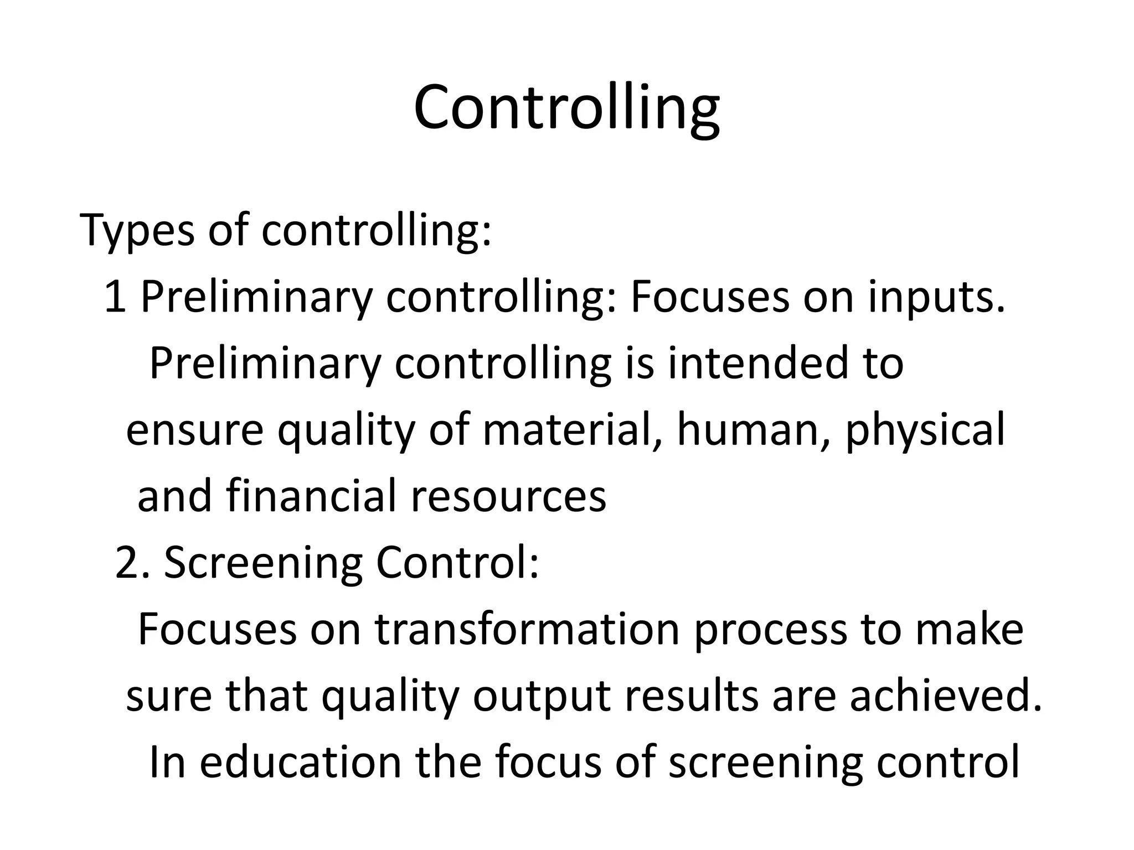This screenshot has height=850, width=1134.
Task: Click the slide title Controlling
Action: pyautogui.click(x=566, y=108)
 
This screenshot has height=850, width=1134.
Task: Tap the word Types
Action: pyautogui.click(x=137, y=230)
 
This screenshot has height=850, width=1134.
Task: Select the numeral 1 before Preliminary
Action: pyautogui.click(x=115, y=297)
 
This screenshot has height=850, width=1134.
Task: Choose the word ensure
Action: pyautogui.click(x=194, y=430)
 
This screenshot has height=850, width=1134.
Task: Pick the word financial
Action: pyautogui.click(x=311, y=495)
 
